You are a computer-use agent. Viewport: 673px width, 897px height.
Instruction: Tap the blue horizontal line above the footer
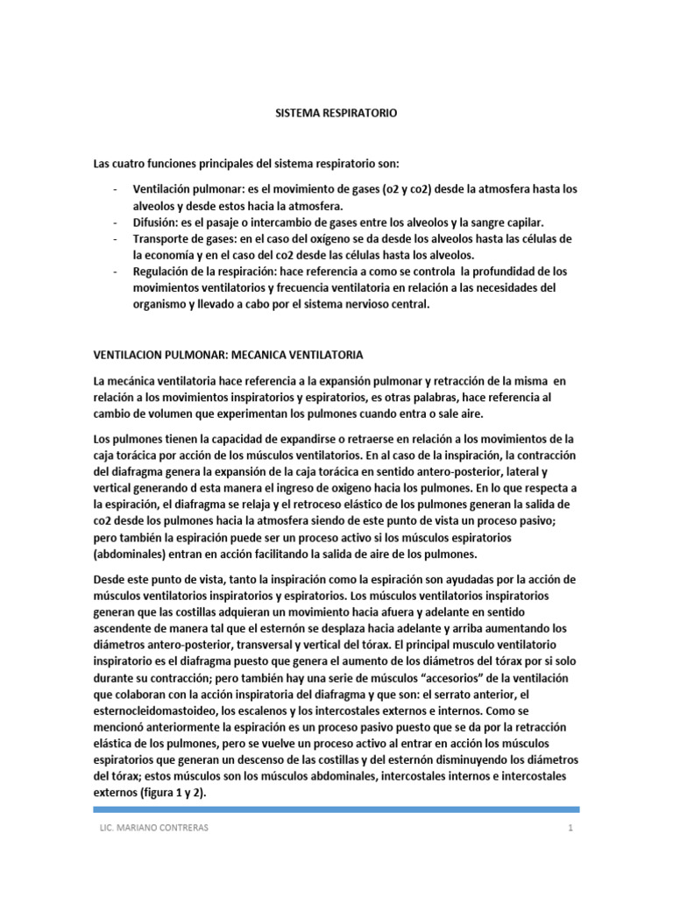(336, 809)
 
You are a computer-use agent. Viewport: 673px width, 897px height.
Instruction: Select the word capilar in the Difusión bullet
(550, 222)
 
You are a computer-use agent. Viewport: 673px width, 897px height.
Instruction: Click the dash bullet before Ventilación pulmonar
(116, 189)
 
